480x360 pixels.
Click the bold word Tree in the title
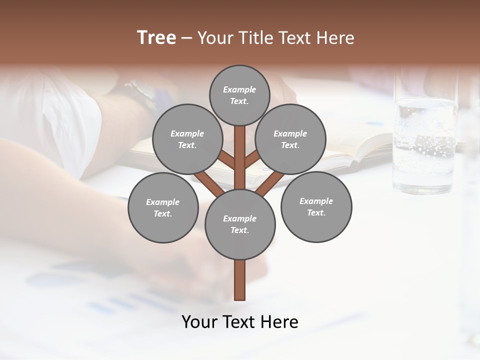click(x=156, y=37)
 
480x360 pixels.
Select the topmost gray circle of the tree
click(x=239, y=95)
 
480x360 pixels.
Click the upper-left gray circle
click(x=187, y=139)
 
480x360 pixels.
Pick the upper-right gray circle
click(x=290, y=139)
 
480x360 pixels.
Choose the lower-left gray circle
click(x=163, y=207)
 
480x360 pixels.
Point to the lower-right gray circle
click(x=316, y=206)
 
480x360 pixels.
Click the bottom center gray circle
click(x=240, y=224)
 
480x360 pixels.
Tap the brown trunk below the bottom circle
click(x=240, y=280)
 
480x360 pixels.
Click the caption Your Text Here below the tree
click(x=240, y=322)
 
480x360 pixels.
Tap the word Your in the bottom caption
click(x=198, y=322)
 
